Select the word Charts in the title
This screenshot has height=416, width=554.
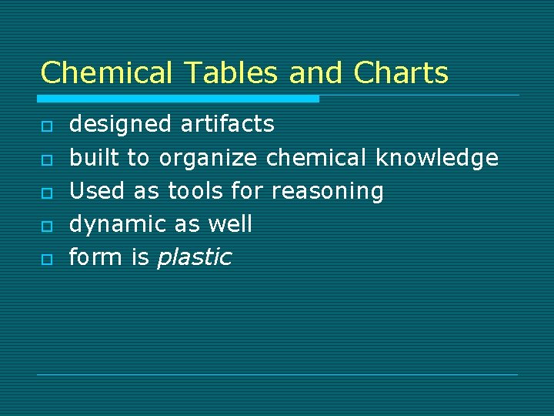401,72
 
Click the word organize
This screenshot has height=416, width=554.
208,159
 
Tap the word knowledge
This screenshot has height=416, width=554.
436,158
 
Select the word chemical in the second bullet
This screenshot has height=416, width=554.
316,157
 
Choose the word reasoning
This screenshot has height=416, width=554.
327,192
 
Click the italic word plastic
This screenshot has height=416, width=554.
194,257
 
